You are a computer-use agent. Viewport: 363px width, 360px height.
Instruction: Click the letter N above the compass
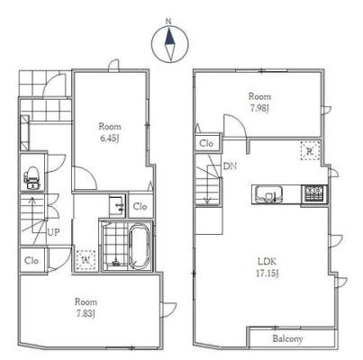[x=168, y=22]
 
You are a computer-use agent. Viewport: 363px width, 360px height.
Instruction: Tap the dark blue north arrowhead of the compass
[x=170, y=36]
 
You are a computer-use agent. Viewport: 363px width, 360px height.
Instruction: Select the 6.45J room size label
[x=110, y=139]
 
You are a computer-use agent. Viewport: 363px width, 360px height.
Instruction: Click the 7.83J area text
[x=86, y=314]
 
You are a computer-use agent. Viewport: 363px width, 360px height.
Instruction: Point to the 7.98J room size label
[x=259, y=108]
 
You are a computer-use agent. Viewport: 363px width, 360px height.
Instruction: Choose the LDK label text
[x=268, y=261]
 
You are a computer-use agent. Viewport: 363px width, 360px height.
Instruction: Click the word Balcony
[x=287, y=338]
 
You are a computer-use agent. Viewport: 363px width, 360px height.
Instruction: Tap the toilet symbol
[x=32, y=178]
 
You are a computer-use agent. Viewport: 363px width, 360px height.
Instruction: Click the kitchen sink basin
[x=269, y=194]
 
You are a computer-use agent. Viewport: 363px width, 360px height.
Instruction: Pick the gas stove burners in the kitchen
[x=314, y=193]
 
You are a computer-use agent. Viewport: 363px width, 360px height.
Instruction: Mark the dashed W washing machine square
[x=86, y=259]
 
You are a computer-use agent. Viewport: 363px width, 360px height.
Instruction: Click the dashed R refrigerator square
[x=310, y=151]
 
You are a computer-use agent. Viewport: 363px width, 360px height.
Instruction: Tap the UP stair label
[x=54, y=232]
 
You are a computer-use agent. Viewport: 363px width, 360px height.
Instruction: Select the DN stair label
[x=231, y=166]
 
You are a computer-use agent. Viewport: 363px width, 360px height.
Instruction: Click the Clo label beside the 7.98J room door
[x=206, y=143]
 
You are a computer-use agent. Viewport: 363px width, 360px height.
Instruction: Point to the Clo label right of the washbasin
[x=140, y=207]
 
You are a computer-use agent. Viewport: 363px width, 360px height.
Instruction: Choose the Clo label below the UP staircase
[x=32, y=260]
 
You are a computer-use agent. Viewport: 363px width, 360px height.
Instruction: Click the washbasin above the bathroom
[x=117, y=206]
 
